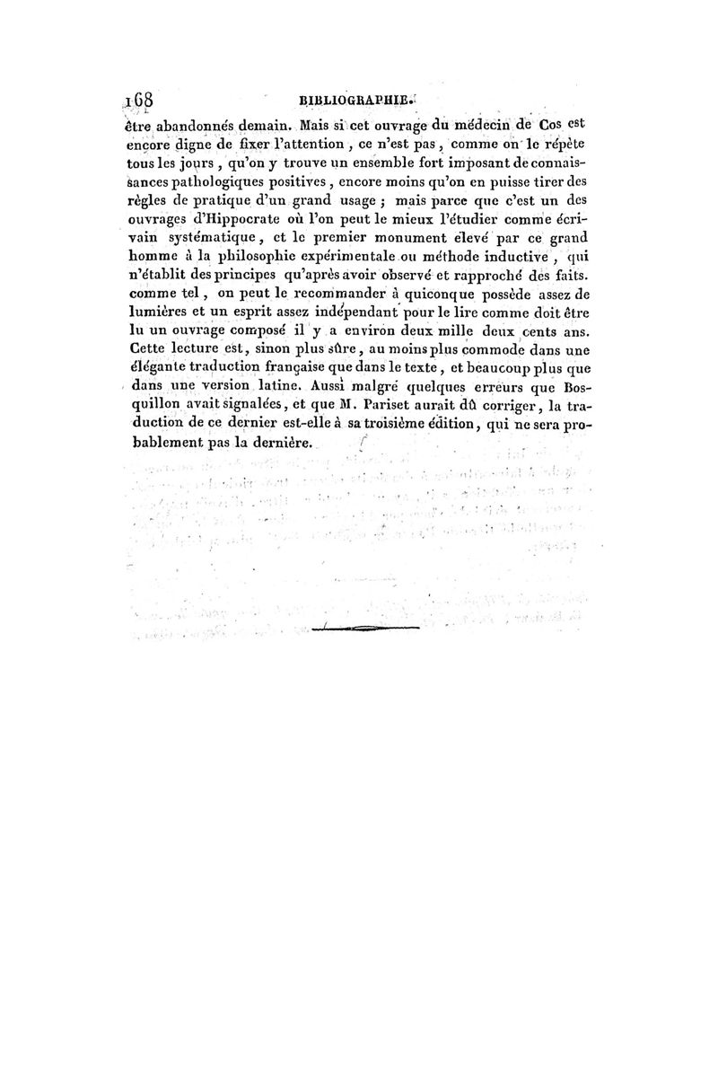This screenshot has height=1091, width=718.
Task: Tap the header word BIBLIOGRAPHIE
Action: coord(355,102)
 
